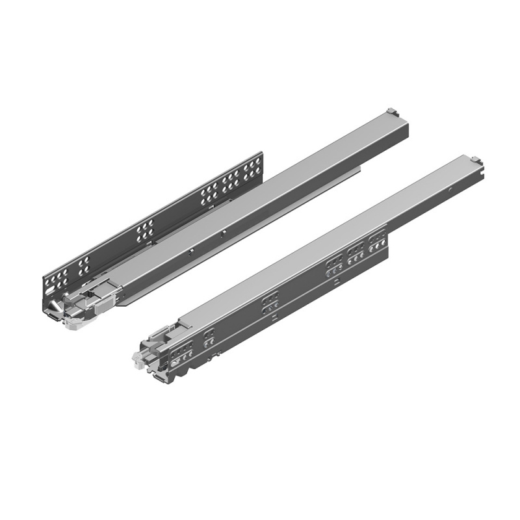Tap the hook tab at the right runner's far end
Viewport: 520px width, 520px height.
476,158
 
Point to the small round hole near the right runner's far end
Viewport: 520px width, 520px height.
451,190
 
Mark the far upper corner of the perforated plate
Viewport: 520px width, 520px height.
262,153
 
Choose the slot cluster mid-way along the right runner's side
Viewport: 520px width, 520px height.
270,303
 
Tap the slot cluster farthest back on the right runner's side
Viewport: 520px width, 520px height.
376,244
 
